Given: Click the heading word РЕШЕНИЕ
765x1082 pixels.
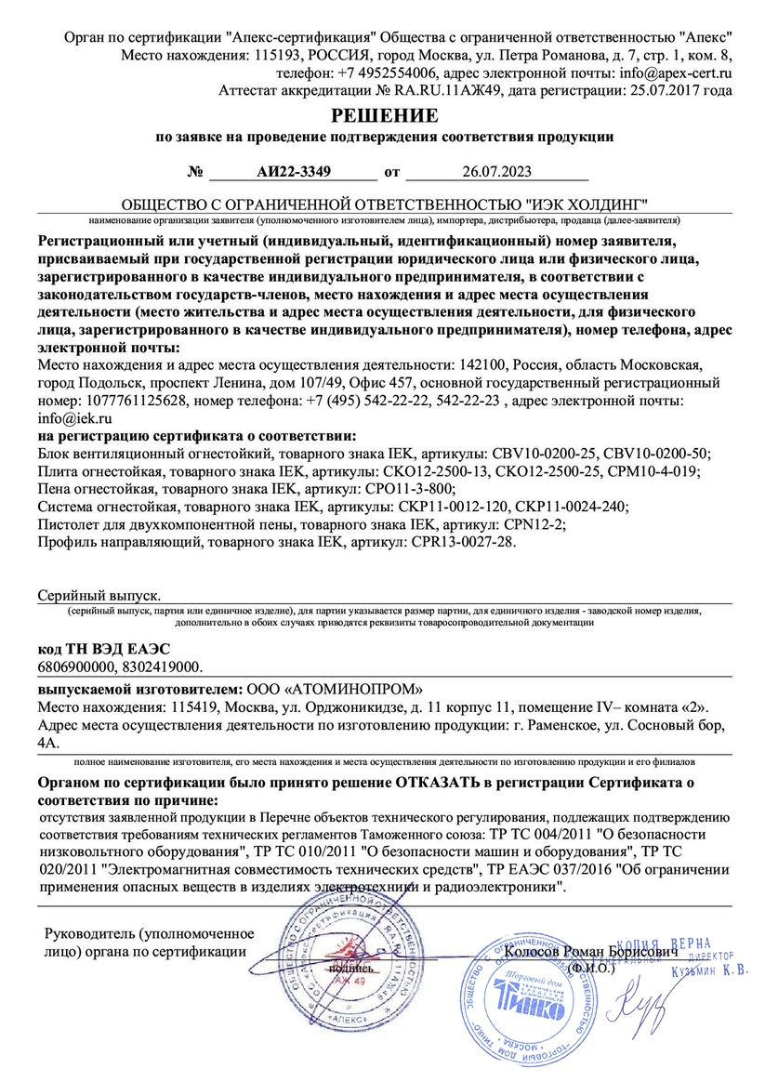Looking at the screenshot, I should (x=385, y=116).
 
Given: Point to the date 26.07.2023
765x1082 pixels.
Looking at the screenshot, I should (x=497, y=172).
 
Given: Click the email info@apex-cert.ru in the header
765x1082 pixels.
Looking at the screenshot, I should (x=675, y=72).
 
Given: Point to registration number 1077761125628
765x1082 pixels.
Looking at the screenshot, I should (x=112, y=401).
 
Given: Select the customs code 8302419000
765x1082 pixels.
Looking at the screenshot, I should (x=165, y=667).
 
